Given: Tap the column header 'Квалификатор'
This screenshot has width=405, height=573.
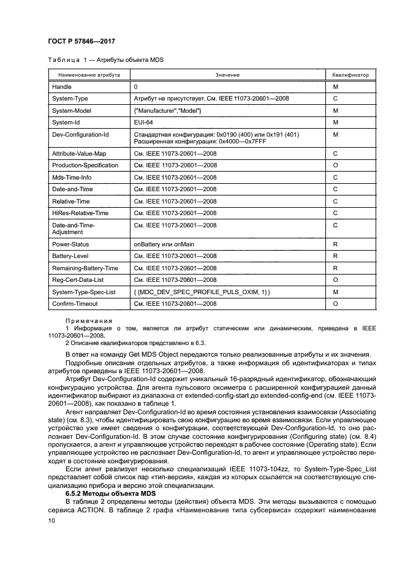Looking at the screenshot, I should click(350, 75).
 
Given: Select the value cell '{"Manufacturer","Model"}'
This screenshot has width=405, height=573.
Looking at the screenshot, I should click(167, 110).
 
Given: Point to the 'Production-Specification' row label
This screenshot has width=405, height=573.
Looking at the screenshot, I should click(85, 165).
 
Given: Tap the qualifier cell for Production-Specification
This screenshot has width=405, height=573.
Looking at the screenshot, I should click(335, 165).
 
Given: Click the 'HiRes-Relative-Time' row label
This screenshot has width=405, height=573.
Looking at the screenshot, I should click(80, 212).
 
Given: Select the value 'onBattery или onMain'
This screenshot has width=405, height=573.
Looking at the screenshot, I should click(164, 243).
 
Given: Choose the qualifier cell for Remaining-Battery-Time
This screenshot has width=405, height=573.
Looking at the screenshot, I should click(335, 268).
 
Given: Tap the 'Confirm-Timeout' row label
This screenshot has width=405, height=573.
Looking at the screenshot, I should click(75, 303).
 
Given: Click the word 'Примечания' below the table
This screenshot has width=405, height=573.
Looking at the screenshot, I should click(88, 321).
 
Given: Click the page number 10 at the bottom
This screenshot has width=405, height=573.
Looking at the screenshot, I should click(52, 520).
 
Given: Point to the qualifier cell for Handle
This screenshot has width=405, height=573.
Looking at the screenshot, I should click(335, 87).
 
